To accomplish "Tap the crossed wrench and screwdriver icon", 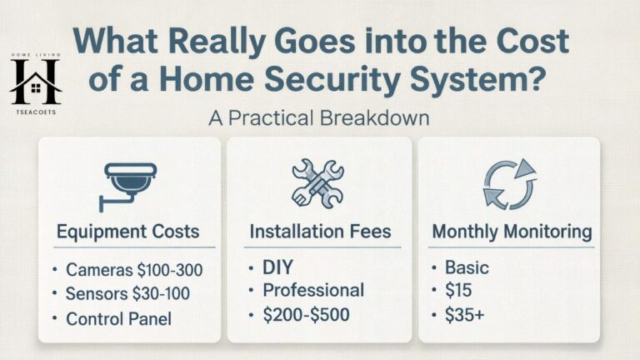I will point(317,183).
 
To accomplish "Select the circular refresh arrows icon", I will point(508,184).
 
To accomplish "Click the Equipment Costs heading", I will point(129,232).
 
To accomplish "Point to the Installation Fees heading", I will point(319,232).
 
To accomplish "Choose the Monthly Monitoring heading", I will point(512,232).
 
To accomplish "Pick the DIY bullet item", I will point(280,268).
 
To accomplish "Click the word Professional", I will point(313,291).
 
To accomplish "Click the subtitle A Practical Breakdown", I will point(319,117).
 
